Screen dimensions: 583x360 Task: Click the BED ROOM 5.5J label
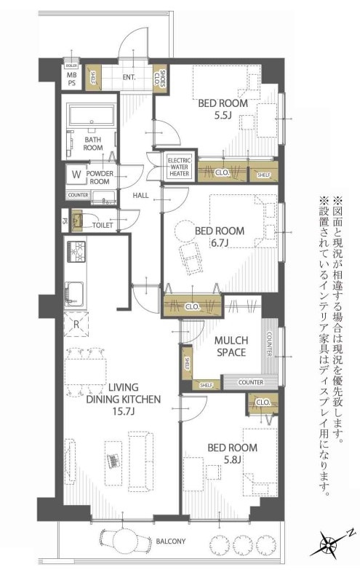tap(223, 109)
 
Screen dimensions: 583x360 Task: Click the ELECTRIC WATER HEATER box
tap(179, 167)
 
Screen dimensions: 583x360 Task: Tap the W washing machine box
tap(75, 175)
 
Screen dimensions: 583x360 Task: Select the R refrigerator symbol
tap(76, 323)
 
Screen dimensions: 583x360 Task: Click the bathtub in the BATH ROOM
tap(90, 116)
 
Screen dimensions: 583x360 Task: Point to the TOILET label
tap(103, 226)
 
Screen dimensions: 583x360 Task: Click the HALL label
tap(141, 195)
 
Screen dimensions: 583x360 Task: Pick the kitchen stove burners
tap(75, 252)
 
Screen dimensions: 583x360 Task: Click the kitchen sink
tap(74, 293)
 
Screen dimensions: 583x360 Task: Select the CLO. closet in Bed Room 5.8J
tap(262, 402)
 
